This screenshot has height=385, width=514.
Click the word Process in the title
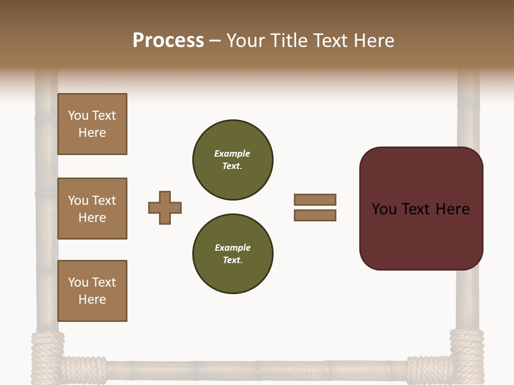click(168, 41)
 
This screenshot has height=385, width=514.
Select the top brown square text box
click(92, 124)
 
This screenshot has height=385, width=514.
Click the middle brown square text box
click(92, 209)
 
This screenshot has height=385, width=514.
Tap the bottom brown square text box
click(92, 291)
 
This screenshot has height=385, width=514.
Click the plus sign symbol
click(165, 207)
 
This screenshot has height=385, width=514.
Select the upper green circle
click(233, 159)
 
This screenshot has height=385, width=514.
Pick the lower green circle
click(233, 253)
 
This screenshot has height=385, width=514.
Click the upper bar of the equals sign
click(315, 199)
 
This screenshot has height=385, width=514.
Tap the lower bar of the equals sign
click(315, 215)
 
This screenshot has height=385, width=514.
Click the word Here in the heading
click(373, 41)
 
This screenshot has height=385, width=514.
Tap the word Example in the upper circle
click(232, 153)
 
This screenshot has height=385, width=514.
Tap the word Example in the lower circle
click(232, 248)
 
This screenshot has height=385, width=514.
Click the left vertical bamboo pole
click(47, 214)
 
